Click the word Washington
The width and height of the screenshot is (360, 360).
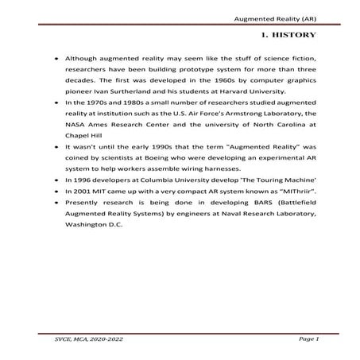click(x=89, y=224)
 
